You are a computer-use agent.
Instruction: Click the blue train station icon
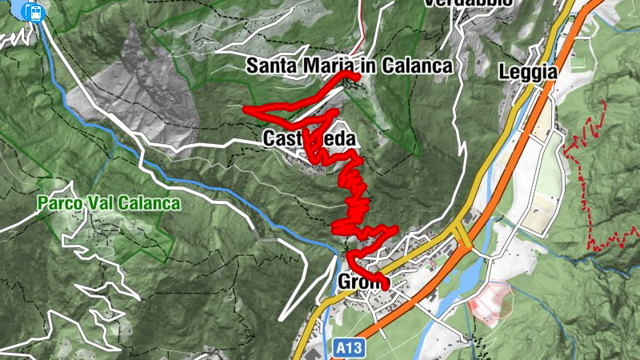(34, 11)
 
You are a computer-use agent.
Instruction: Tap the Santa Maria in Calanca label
(349, 66)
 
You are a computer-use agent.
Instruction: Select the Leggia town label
(527, 71)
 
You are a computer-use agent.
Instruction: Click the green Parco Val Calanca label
(109, 203)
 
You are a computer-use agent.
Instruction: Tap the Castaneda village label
(309, 138)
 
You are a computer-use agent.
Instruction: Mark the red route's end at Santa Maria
(356, 74)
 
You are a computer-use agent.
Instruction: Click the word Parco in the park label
(59, 203)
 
